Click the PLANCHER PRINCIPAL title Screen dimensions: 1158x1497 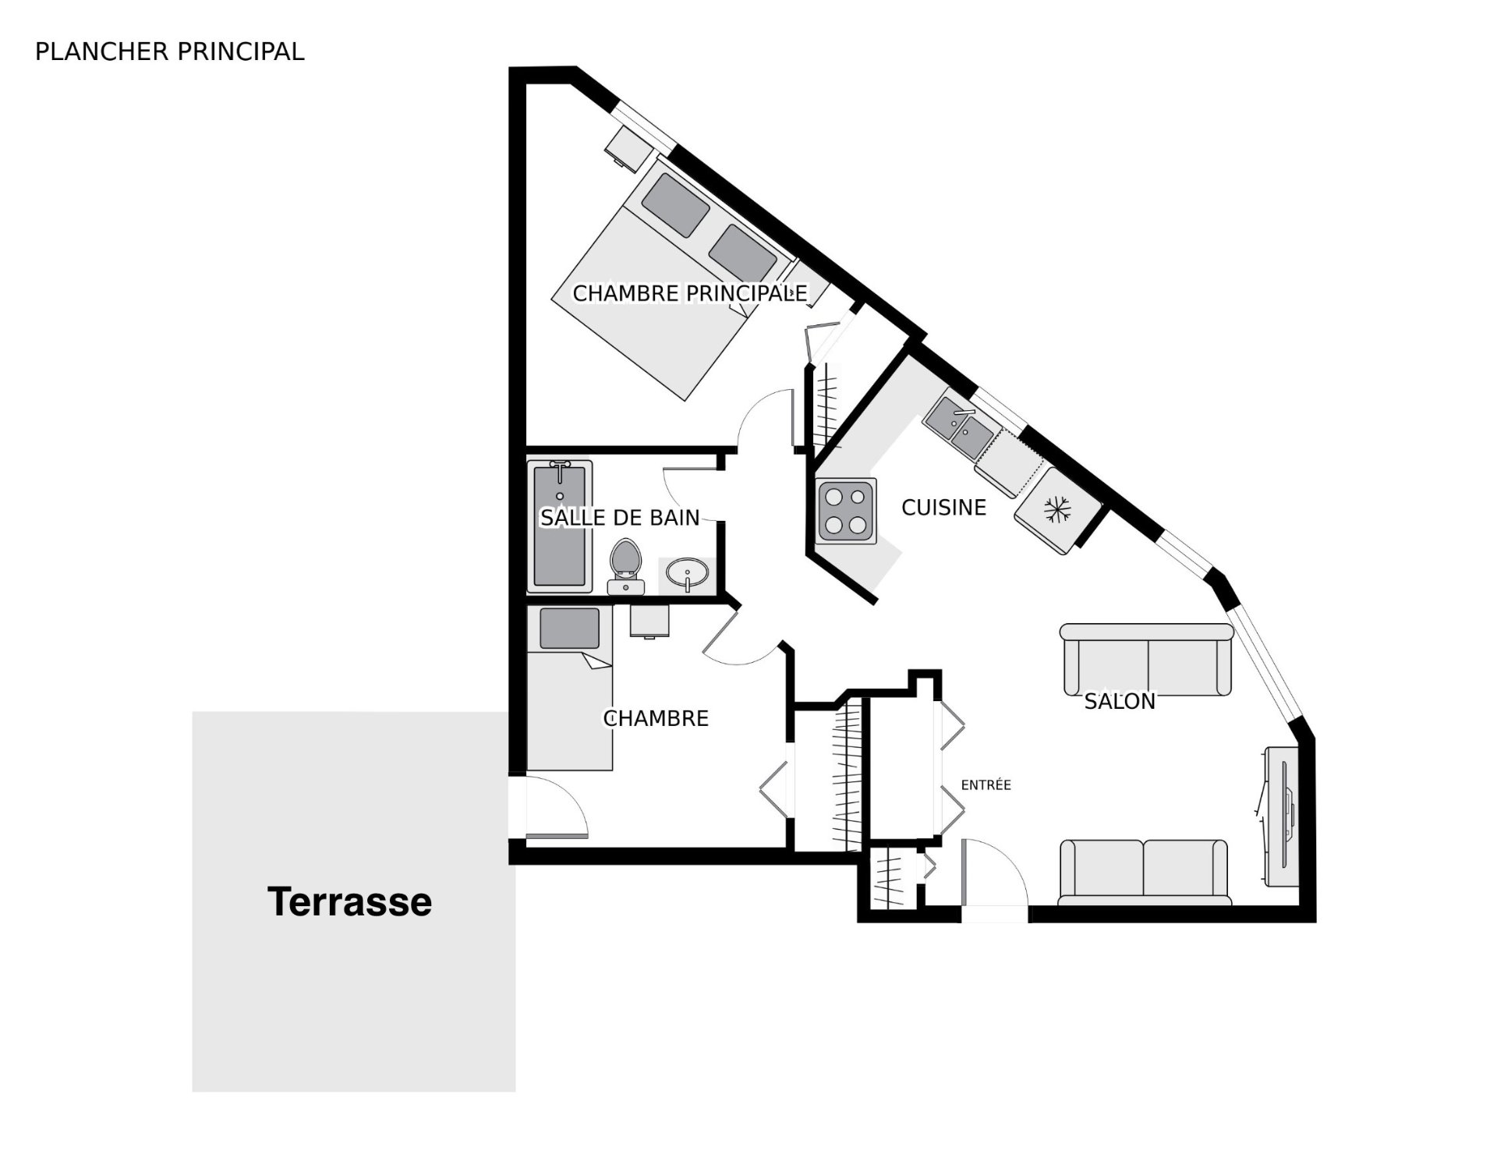(x=169, y=51)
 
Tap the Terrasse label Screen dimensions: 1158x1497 (x=349, y=901)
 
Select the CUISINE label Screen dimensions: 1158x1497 (x=943, y=508)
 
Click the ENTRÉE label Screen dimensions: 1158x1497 (x=986, y=785)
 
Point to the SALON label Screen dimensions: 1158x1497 (x=1120, y=702)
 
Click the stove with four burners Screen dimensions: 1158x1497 (x=846, y=511)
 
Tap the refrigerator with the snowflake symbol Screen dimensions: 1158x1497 (x=1058, y=510)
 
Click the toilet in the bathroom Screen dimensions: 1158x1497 (x=625, y=566)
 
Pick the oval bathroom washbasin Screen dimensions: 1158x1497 (x=688, y=575)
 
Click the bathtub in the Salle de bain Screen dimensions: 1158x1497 (x=560, y=526)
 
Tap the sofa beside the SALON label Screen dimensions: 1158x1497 (x=1147, y=659)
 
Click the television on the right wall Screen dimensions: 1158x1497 (x=1280, y=816)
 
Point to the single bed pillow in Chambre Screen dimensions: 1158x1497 (x=570, y=629)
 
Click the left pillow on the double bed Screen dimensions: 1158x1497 (x=675, y=204)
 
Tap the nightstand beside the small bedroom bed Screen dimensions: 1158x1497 (x=649, y=621)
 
